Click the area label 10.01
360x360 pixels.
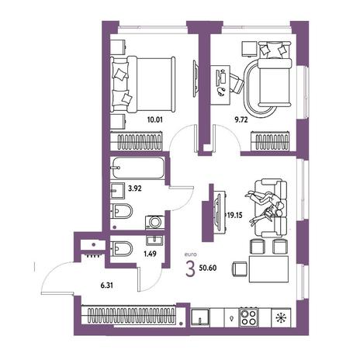click(x=155, y=119)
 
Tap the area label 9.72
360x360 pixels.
click(x=241, y=119)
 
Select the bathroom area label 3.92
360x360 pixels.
click(x=135, y=189)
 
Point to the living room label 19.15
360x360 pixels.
click(x=235, y=215)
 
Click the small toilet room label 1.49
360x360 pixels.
click(x=150, y=254)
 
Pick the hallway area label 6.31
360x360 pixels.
click(x=106, y=286)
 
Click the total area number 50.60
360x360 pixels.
click(x=208, y=268)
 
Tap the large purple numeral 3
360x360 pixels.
click(x=190, y=269)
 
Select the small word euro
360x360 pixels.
click(x=190, y=254)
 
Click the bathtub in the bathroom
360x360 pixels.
click(x=137, y=168)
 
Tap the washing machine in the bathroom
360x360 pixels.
click(x=154, y=223)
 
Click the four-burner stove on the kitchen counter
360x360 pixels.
click(x=248, y=317)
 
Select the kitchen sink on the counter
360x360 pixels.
click(x=200, y=317)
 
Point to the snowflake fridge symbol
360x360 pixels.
click(x=281, y=317)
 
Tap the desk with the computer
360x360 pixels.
click(x=220, y=85)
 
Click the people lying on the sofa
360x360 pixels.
click(x=265, y=207)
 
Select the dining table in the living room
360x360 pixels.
click(x=268, y=269)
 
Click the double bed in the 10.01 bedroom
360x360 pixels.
click(x=143, y=85)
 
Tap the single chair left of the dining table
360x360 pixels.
click(x=239, y=269)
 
